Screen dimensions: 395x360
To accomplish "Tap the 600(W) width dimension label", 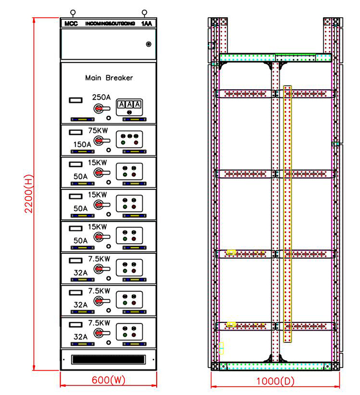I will pos(108,381).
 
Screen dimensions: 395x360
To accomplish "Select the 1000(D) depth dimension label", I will pos(275,381).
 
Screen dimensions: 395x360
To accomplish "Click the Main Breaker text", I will pos(109,78).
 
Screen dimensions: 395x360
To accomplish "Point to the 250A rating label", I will pos(101,97).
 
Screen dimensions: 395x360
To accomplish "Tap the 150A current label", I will pos(83,144).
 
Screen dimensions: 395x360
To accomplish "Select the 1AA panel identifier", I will pos(146,24).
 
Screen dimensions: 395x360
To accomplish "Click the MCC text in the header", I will pos(70,24).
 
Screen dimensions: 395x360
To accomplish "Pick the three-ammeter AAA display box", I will pos(129,105).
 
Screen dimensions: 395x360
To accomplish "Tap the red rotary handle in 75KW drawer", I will pos(100,141).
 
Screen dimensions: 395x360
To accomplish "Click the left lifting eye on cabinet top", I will pos(72,12).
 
